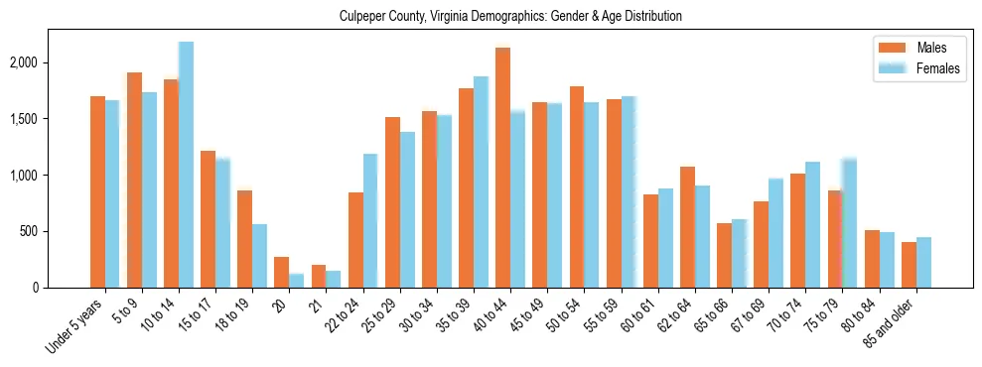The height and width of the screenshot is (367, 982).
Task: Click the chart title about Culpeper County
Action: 491,17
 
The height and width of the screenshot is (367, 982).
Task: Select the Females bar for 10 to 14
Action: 186,165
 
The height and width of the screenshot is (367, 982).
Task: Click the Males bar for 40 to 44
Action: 502,168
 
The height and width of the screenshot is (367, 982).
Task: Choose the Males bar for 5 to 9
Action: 134,180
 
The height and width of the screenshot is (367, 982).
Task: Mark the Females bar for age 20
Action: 296,281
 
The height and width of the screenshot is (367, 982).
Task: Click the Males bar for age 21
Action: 319,276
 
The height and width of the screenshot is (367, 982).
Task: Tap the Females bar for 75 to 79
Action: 849,222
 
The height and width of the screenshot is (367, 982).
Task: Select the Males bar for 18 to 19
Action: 244,239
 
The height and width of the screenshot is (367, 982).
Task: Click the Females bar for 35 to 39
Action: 481,182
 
